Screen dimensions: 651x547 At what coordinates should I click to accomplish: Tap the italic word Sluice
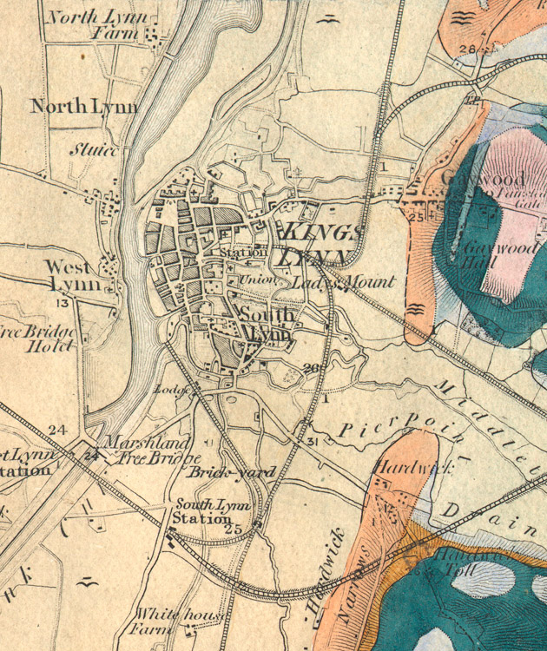[94, 150]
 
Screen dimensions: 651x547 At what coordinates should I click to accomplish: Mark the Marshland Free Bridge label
[152, 450]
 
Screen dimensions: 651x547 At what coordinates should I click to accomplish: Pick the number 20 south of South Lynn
[312, 369]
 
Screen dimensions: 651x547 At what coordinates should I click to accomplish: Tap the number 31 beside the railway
[313, 444]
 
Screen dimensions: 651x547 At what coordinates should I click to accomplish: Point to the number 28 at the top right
[468, 49]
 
